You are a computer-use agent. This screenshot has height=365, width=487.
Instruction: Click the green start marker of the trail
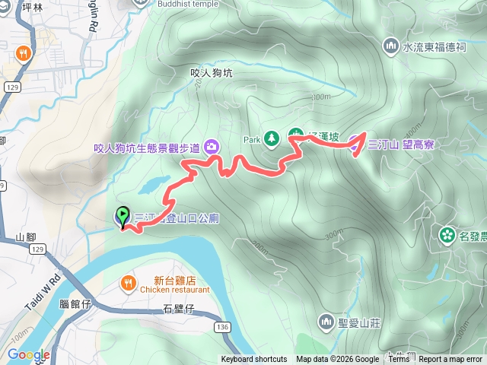coord(122,215)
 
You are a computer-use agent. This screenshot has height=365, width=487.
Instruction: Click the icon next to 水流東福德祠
coord(392,46)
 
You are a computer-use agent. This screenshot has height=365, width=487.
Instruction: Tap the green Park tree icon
coord(270,138)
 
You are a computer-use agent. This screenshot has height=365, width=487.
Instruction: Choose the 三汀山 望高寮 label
coord(400,144)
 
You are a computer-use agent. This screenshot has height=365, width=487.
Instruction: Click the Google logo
coord(28,354)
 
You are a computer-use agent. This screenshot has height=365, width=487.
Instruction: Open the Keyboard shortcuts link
coord(254,360)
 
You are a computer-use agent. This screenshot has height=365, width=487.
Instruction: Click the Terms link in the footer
coord(399,360)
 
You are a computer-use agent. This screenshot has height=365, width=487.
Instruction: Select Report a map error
coord(450,360)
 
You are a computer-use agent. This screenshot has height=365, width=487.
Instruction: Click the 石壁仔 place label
coord(179,309)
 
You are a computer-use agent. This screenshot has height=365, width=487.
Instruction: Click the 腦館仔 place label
coord(75,304)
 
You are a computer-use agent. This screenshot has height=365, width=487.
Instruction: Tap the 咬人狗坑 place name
coord(212,73)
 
